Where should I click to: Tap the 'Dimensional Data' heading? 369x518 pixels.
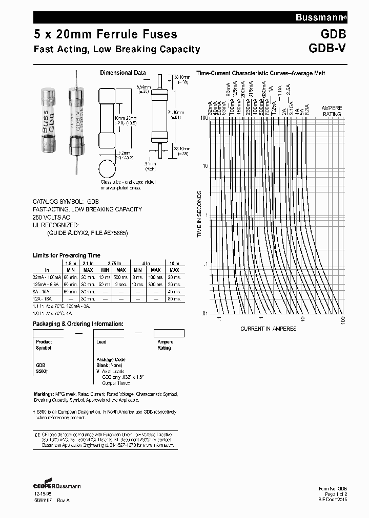pyautogui.click(x=122, y=73)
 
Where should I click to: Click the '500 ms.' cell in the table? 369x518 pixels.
pyautogui.click(x=121, y=277)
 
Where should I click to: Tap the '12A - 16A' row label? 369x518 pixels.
pyautogui.click(x=46, y=298)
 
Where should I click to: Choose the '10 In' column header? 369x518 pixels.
pyautogui.click(x=174, y=263)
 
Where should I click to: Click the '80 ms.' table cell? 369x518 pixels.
pyautogui.click(x=174, y=298)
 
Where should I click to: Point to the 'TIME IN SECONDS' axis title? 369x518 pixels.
pyautogui.click(x=200, y=213)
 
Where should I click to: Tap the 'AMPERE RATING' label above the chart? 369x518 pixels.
pyautogui.click(x=332, y=111)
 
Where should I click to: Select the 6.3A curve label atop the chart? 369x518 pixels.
pyautogui.click(x=306, y=110)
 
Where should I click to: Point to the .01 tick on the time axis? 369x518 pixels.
pyautogui.click(x=204, y=313)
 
